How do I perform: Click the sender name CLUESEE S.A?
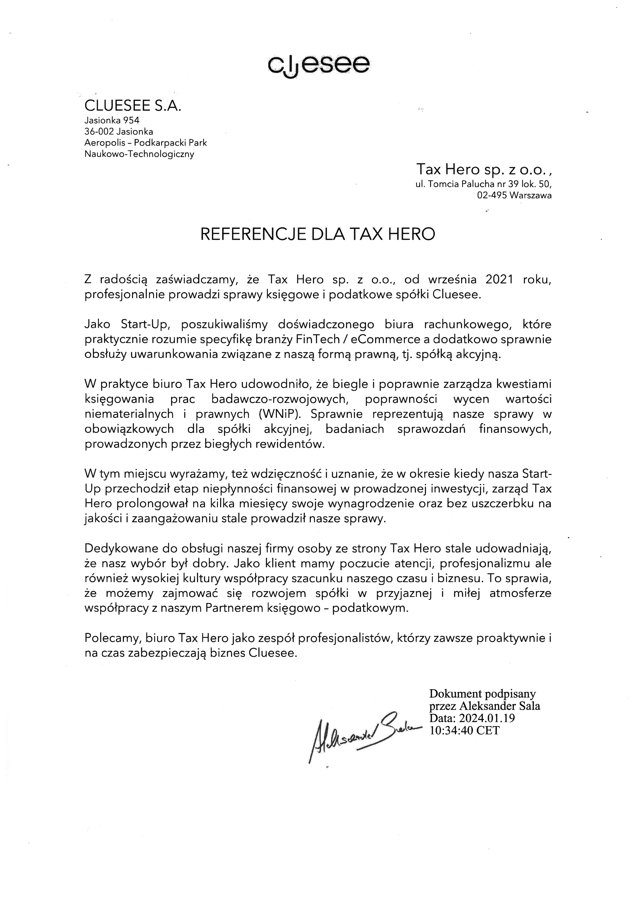pyautogui.click(x=133, y=106)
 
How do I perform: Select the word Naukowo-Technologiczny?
pyautogui.click(x=139, y=154)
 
